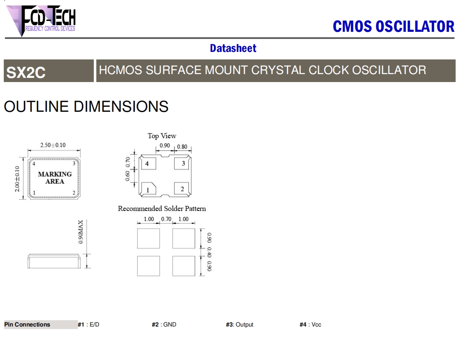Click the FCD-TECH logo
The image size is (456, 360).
point(41,21)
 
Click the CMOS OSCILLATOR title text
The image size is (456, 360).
point(394,26)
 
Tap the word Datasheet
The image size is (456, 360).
point(233,48)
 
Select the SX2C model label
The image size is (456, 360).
point(26,72)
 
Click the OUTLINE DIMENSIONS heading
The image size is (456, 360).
point(86,106)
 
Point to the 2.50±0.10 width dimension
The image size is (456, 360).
point(53,145)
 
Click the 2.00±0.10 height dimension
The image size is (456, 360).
point(17,179)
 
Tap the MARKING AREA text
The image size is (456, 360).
point(55,177)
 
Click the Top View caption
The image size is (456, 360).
point(162,136)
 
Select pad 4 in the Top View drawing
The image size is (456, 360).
point(149,163)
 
